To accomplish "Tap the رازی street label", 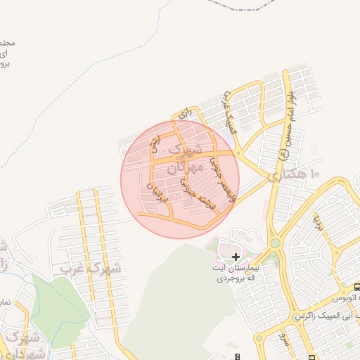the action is coord(185,112).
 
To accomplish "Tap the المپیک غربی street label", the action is coord(231,112).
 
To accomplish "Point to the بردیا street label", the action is coord(317,224).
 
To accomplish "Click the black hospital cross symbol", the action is coord(235,257).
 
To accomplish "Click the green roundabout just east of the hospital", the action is coord(274,243).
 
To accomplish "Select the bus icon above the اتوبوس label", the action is coord(356,287).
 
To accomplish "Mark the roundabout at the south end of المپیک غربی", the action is coord(239,151).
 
